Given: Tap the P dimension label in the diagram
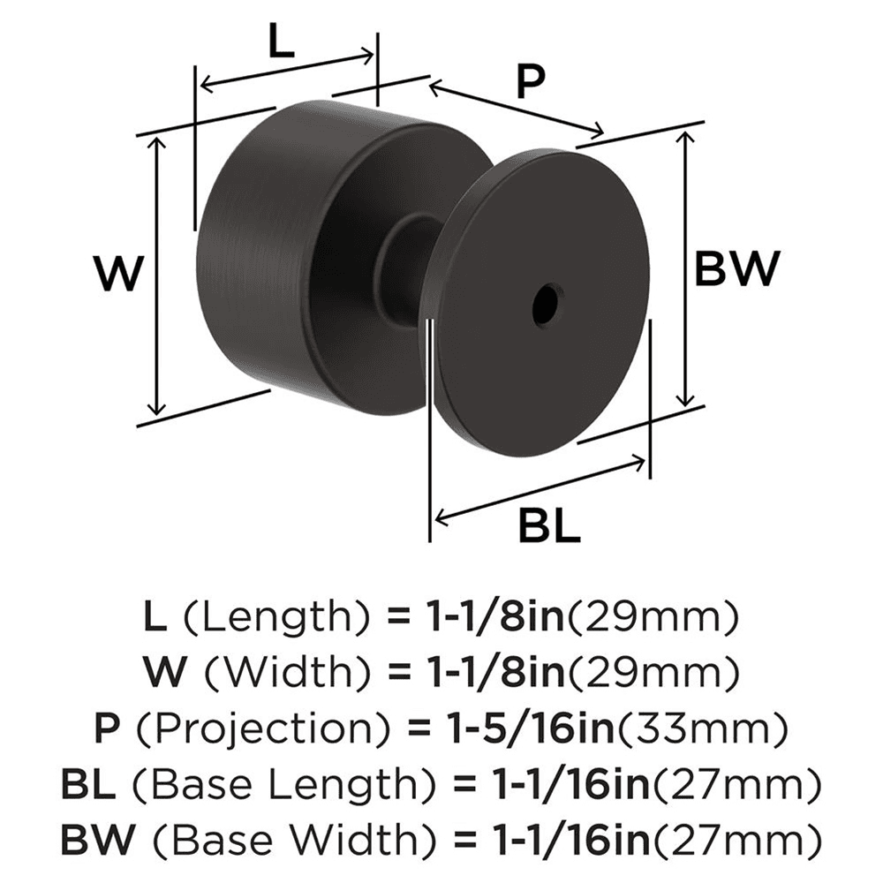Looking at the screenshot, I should (x=530, y=82).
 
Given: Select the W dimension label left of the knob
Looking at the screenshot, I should (x=117, y=275).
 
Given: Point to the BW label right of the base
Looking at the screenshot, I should (x=737, y=268).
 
